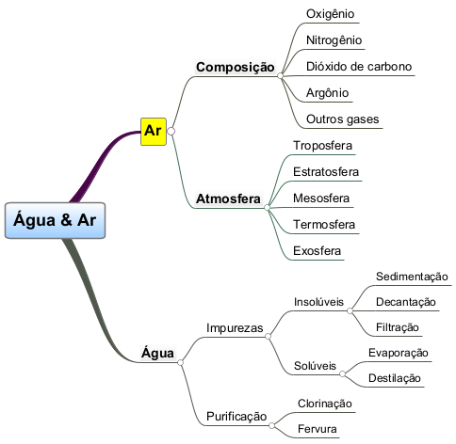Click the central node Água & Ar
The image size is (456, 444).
pyautogui.click(x=55, y=220)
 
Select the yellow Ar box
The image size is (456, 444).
pyautogui.click(x=154, y=132)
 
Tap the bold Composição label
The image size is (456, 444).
pyautogui.click(x=236, y=68)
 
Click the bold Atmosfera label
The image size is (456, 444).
pyautogui.click(x=228, y=198)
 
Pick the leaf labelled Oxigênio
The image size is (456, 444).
pyautogui.click(x=330, y=14)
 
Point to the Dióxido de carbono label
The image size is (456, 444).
pyautogui.click(x=359, y=67)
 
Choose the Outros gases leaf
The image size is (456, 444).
pyautogui.click(x=343, y=119)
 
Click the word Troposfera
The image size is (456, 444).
pyautogui.click(x=322, y=146)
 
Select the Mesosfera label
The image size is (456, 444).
pyautogui.click(x=321, y=198)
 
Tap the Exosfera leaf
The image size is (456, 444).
pyautogui.click(x=317, y=251)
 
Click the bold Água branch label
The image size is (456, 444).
pyautogui.click(x=157, y=353)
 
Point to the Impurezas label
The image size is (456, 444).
pyautogui.click(x=235, y=328)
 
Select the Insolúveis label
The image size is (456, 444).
pyautogui.click(x=318, y=302)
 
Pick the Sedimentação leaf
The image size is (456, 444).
pyautogui.click(x=412, y=277)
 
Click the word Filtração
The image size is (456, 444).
pyautogui.click(x=398, y=327)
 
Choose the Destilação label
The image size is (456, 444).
pyautogui.click(x=395, y=378)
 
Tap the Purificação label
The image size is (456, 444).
pyautogui.click(x=236, y=417)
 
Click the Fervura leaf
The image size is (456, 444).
pyautogui.click(x=318, y=429)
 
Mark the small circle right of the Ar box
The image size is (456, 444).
pyautogui.click(x=171, y=131)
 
